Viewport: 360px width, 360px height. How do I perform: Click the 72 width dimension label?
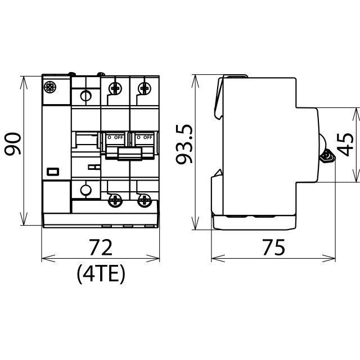tap(101, 247)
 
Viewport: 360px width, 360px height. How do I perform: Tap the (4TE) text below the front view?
tap(101, 274)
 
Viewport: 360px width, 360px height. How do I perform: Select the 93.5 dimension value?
tap(184, 144)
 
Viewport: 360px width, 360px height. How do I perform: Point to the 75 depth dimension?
tap(273, 247)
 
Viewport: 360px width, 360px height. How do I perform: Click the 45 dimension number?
tap(345, 145)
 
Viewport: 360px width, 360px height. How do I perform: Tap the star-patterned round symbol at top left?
tap(50, 87)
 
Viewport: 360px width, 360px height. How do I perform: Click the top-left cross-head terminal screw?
tap(115, 88)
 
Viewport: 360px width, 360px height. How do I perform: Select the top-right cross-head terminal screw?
tap(144, 88)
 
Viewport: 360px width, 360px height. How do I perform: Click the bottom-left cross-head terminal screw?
tap(115, 201)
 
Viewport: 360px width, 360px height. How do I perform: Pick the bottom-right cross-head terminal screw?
tap(144, 201)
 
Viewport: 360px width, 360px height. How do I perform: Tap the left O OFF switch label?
tap(115, 137)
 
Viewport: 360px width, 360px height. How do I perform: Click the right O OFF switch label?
tap(145, 137)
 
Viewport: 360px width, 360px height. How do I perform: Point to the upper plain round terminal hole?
tap(86, 96)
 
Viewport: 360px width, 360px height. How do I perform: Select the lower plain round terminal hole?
tap(86, 190)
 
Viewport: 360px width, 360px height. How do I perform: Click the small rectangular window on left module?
tap(53, 172)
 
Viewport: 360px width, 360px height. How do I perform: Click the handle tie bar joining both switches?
tap(130, 154)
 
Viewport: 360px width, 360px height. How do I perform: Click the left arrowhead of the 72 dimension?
tap(48, 258)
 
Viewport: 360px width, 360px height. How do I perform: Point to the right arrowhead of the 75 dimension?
tap(328, 258)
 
